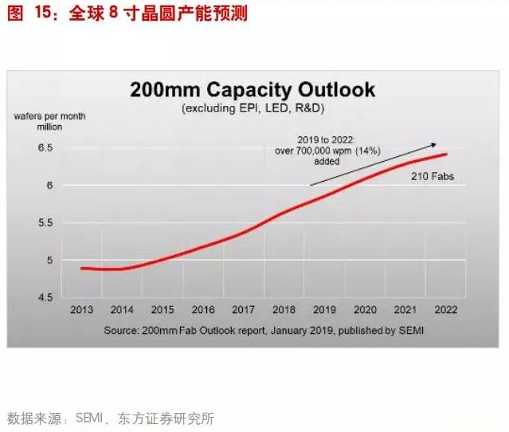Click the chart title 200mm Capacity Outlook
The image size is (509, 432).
pos(253,88)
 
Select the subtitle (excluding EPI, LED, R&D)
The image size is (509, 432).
pos(253,108)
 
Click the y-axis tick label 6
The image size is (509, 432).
pos(49,186)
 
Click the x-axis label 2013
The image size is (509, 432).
pos(82,310)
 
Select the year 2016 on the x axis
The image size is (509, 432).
pos(204,310)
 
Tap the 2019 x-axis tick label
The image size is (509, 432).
pos(325,310)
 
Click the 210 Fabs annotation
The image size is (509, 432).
pos(433,176)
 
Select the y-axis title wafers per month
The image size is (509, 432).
pos(49,116)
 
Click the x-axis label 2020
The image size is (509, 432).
pos(366,310)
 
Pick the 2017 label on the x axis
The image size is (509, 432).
pos(244,310)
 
